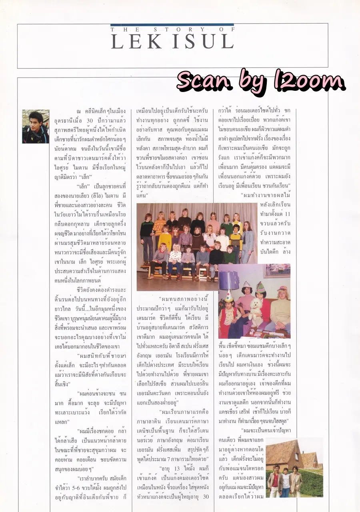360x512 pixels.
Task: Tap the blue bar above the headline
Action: [172, 25]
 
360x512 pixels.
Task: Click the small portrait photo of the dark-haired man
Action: [36, 126]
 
